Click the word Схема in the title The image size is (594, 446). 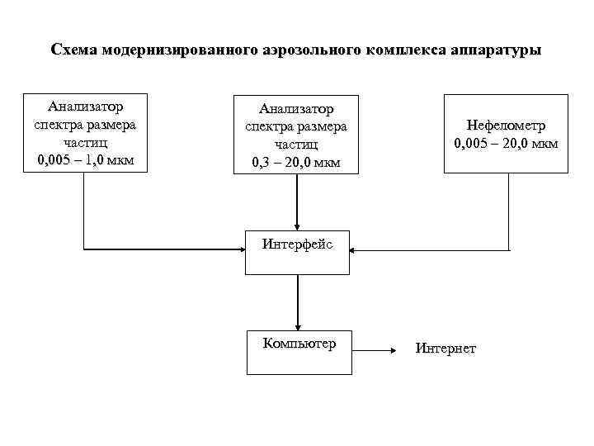click(73, 50)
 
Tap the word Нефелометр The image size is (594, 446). click(506, 126)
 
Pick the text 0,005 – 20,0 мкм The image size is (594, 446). click(506, 145)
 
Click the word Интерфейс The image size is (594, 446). click(297, 244)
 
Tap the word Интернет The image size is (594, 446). click(445, 349)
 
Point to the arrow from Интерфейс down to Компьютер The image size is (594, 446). click(297, 301)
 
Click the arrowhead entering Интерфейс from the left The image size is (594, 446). click(240, 249)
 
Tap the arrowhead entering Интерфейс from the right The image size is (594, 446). click(355, 249)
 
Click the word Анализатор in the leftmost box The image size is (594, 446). click(85, 107)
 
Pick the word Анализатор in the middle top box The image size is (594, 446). click(296, 109)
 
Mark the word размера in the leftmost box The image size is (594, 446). click(110, 124)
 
